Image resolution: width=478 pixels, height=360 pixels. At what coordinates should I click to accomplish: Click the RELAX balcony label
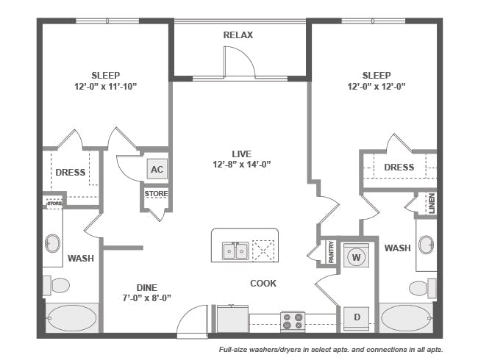coord(239,35)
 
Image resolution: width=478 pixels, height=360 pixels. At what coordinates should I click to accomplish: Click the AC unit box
coord(156,169)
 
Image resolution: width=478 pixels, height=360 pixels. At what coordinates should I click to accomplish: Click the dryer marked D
coord(357,317)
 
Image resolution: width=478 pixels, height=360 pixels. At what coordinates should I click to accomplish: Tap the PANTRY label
coord(330,251)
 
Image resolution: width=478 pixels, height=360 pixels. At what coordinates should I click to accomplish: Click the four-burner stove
coord(293,321)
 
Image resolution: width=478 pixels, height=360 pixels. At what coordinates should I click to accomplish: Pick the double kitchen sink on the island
coord(235,251)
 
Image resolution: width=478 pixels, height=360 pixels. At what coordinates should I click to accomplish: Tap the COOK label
coord(263,283)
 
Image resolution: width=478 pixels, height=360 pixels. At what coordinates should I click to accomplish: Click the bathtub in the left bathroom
coord(71,318)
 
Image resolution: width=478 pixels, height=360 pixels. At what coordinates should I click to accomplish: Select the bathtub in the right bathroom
coord(407,318)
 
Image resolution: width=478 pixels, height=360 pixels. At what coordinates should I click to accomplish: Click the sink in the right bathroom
coord(426,245)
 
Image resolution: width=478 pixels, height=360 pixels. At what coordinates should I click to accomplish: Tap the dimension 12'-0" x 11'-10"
coord(106,87)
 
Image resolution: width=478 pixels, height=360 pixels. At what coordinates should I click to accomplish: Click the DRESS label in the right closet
coord(399,168)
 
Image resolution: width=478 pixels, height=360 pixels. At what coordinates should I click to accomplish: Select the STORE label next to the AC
coord(156,194)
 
